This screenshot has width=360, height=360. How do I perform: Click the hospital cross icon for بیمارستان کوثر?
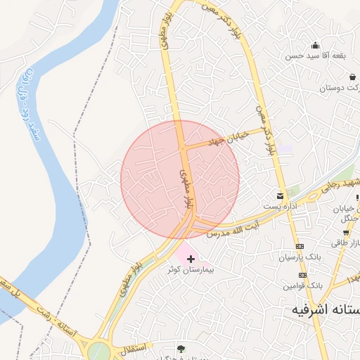click(x=191, y=259)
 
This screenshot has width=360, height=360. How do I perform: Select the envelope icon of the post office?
click(x=281, y=195)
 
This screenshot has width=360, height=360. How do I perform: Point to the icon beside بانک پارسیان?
click(x=301, y=247)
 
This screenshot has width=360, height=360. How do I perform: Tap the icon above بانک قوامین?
click(x=301, y=276)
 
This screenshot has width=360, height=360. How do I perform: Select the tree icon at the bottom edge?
click(x=182, y=348)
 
